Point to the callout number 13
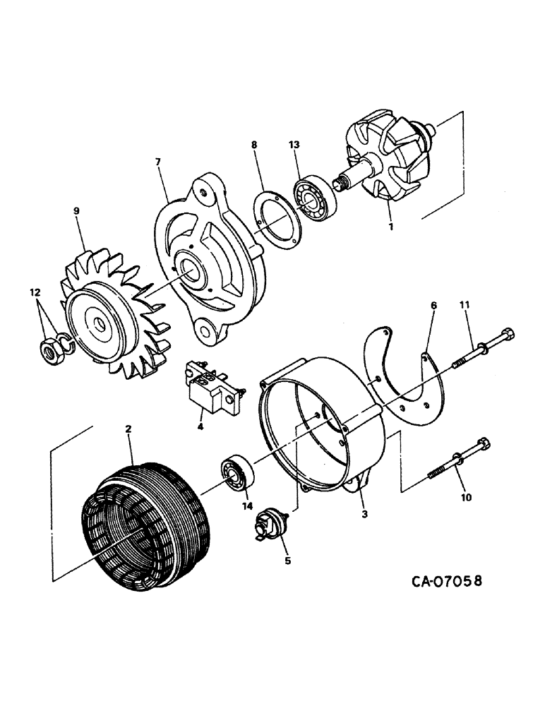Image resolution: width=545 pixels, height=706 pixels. point(294,145)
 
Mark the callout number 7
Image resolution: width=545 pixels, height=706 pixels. point(157,162)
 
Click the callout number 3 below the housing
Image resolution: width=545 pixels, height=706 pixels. point(364,515)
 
